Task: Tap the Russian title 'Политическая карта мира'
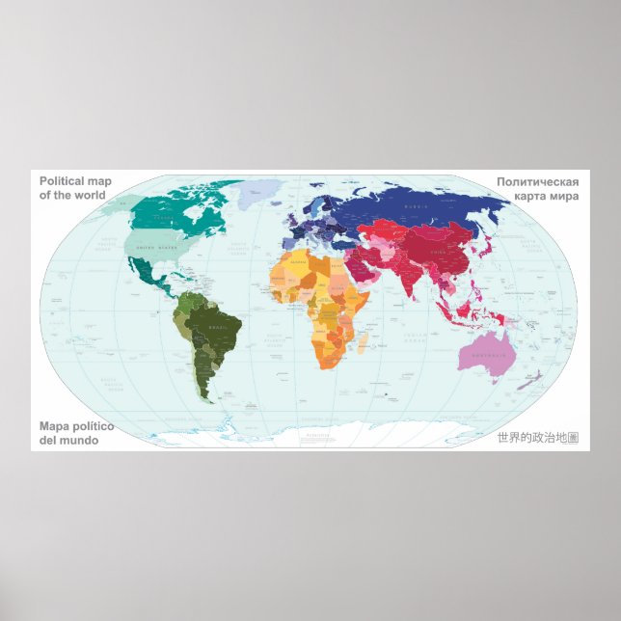click(537, 188)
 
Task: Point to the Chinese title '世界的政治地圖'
click(537, 438)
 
